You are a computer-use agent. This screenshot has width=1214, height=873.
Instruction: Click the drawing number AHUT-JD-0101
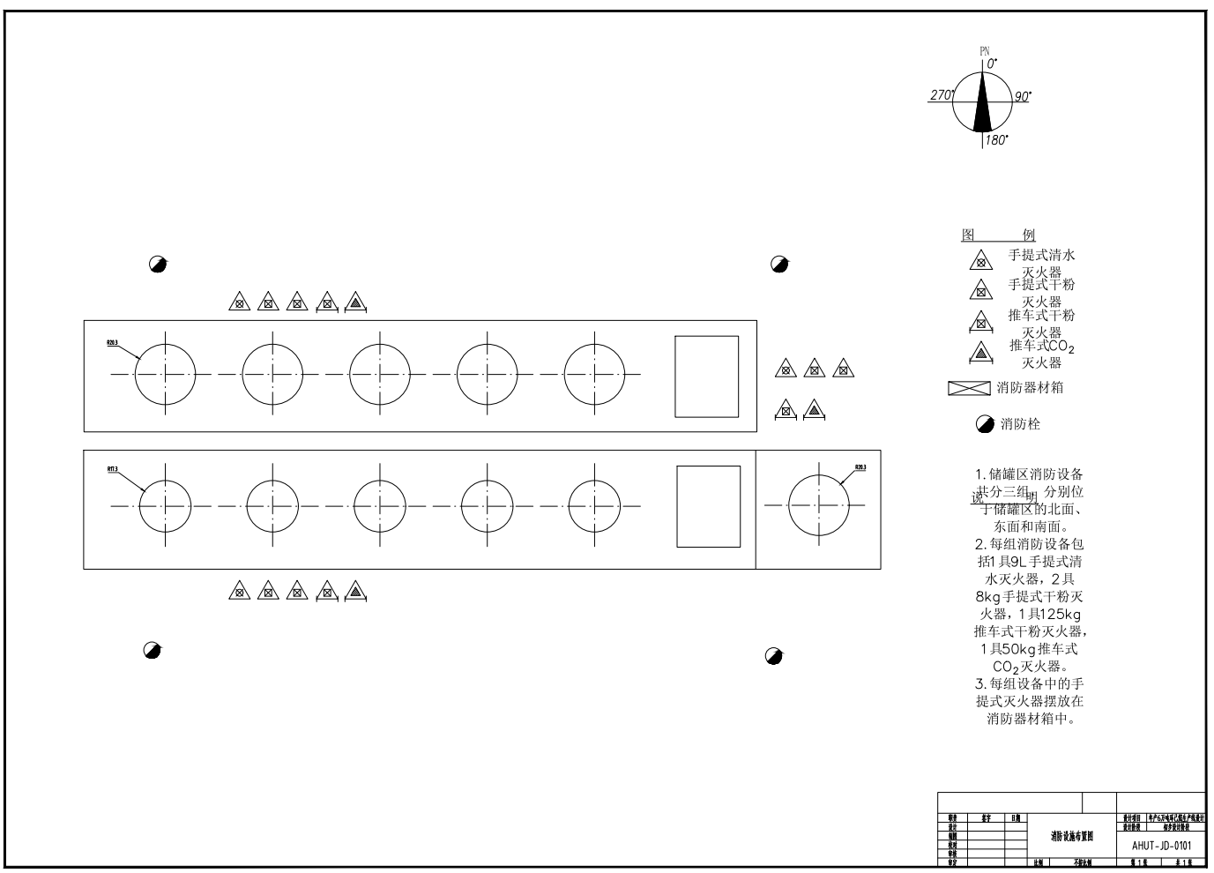(x=1161, y=845)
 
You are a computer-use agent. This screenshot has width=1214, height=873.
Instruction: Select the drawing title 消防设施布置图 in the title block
(x=1071, y=835)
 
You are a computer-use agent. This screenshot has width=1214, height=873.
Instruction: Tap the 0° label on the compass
(x=991, y=63)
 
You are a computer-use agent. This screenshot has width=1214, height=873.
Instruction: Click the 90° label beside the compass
(x=1022, y=96)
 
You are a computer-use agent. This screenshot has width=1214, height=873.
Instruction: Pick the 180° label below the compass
(x=996, y=140)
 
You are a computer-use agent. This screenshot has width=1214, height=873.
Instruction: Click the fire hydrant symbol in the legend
(x=985, y=425)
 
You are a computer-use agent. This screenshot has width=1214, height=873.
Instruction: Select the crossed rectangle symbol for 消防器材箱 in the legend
(x=969, y=388)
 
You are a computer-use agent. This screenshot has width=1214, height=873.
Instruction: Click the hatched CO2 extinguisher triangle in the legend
(x=980, y=353)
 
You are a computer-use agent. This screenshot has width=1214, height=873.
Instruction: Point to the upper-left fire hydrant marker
(x=158, y=264)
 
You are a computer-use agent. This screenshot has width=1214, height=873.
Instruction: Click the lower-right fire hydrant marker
(x=774, y=655)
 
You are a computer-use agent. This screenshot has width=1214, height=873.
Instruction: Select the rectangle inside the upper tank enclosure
(x=706, y=377)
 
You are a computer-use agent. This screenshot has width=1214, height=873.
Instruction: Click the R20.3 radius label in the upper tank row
(x=113, y=342)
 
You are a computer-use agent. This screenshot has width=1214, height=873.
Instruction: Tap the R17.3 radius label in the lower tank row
(x=113, y=469)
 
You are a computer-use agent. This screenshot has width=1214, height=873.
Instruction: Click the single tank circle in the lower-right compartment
(x=819, y=504)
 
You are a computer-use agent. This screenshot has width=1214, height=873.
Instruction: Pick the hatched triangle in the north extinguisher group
(x=355, y=302)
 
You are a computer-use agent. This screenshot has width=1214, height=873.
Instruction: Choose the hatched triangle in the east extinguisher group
(x=814, y=409)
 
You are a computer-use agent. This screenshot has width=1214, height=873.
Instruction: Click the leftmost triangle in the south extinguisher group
(x=238, y=591)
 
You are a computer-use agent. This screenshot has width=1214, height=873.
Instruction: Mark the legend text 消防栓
(x=1020, y=425)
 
